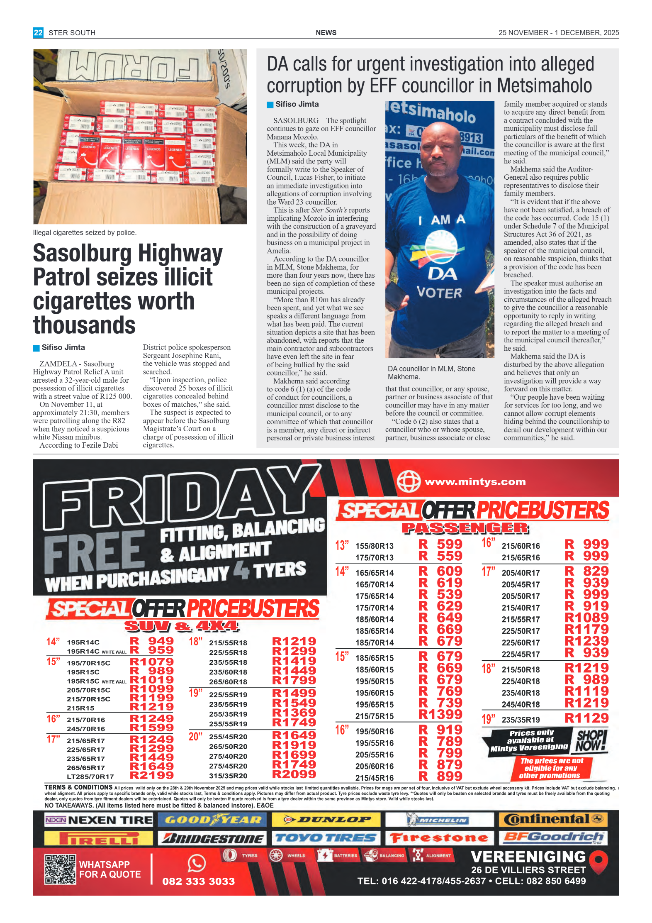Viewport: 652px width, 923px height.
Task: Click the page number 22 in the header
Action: coord(38,32)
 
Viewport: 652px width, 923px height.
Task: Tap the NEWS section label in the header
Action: coord(326,32)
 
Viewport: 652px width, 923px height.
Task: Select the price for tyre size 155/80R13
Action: coord(440,545)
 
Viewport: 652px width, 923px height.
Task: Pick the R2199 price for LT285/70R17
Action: coord(151,775)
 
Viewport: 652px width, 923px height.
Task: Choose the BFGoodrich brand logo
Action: coord(553,838)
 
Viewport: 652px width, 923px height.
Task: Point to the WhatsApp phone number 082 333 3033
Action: coord(198,881)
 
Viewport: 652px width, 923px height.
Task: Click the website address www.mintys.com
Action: coord(475,482)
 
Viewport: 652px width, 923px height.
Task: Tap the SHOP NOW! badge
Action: coord(591,741)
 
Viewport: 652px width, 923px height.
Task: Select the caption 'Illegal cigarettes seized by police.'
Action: coord(85,232)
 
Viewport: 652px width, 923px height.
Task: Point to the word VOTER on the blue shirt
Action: coord(439,293)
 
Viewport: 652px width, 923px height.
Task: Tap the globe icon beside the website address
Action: coord(408,481)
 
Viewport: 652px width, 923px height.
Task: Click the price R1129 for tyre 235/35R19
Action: coord(586,718)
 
